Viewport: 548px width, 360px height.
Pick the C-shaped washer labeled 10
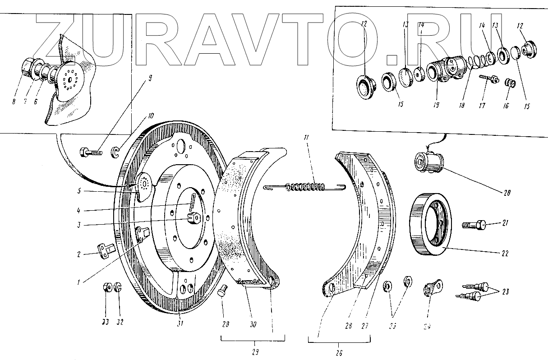pos(115,152)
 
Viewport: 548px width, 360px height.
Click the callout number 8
pos(14,102)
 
